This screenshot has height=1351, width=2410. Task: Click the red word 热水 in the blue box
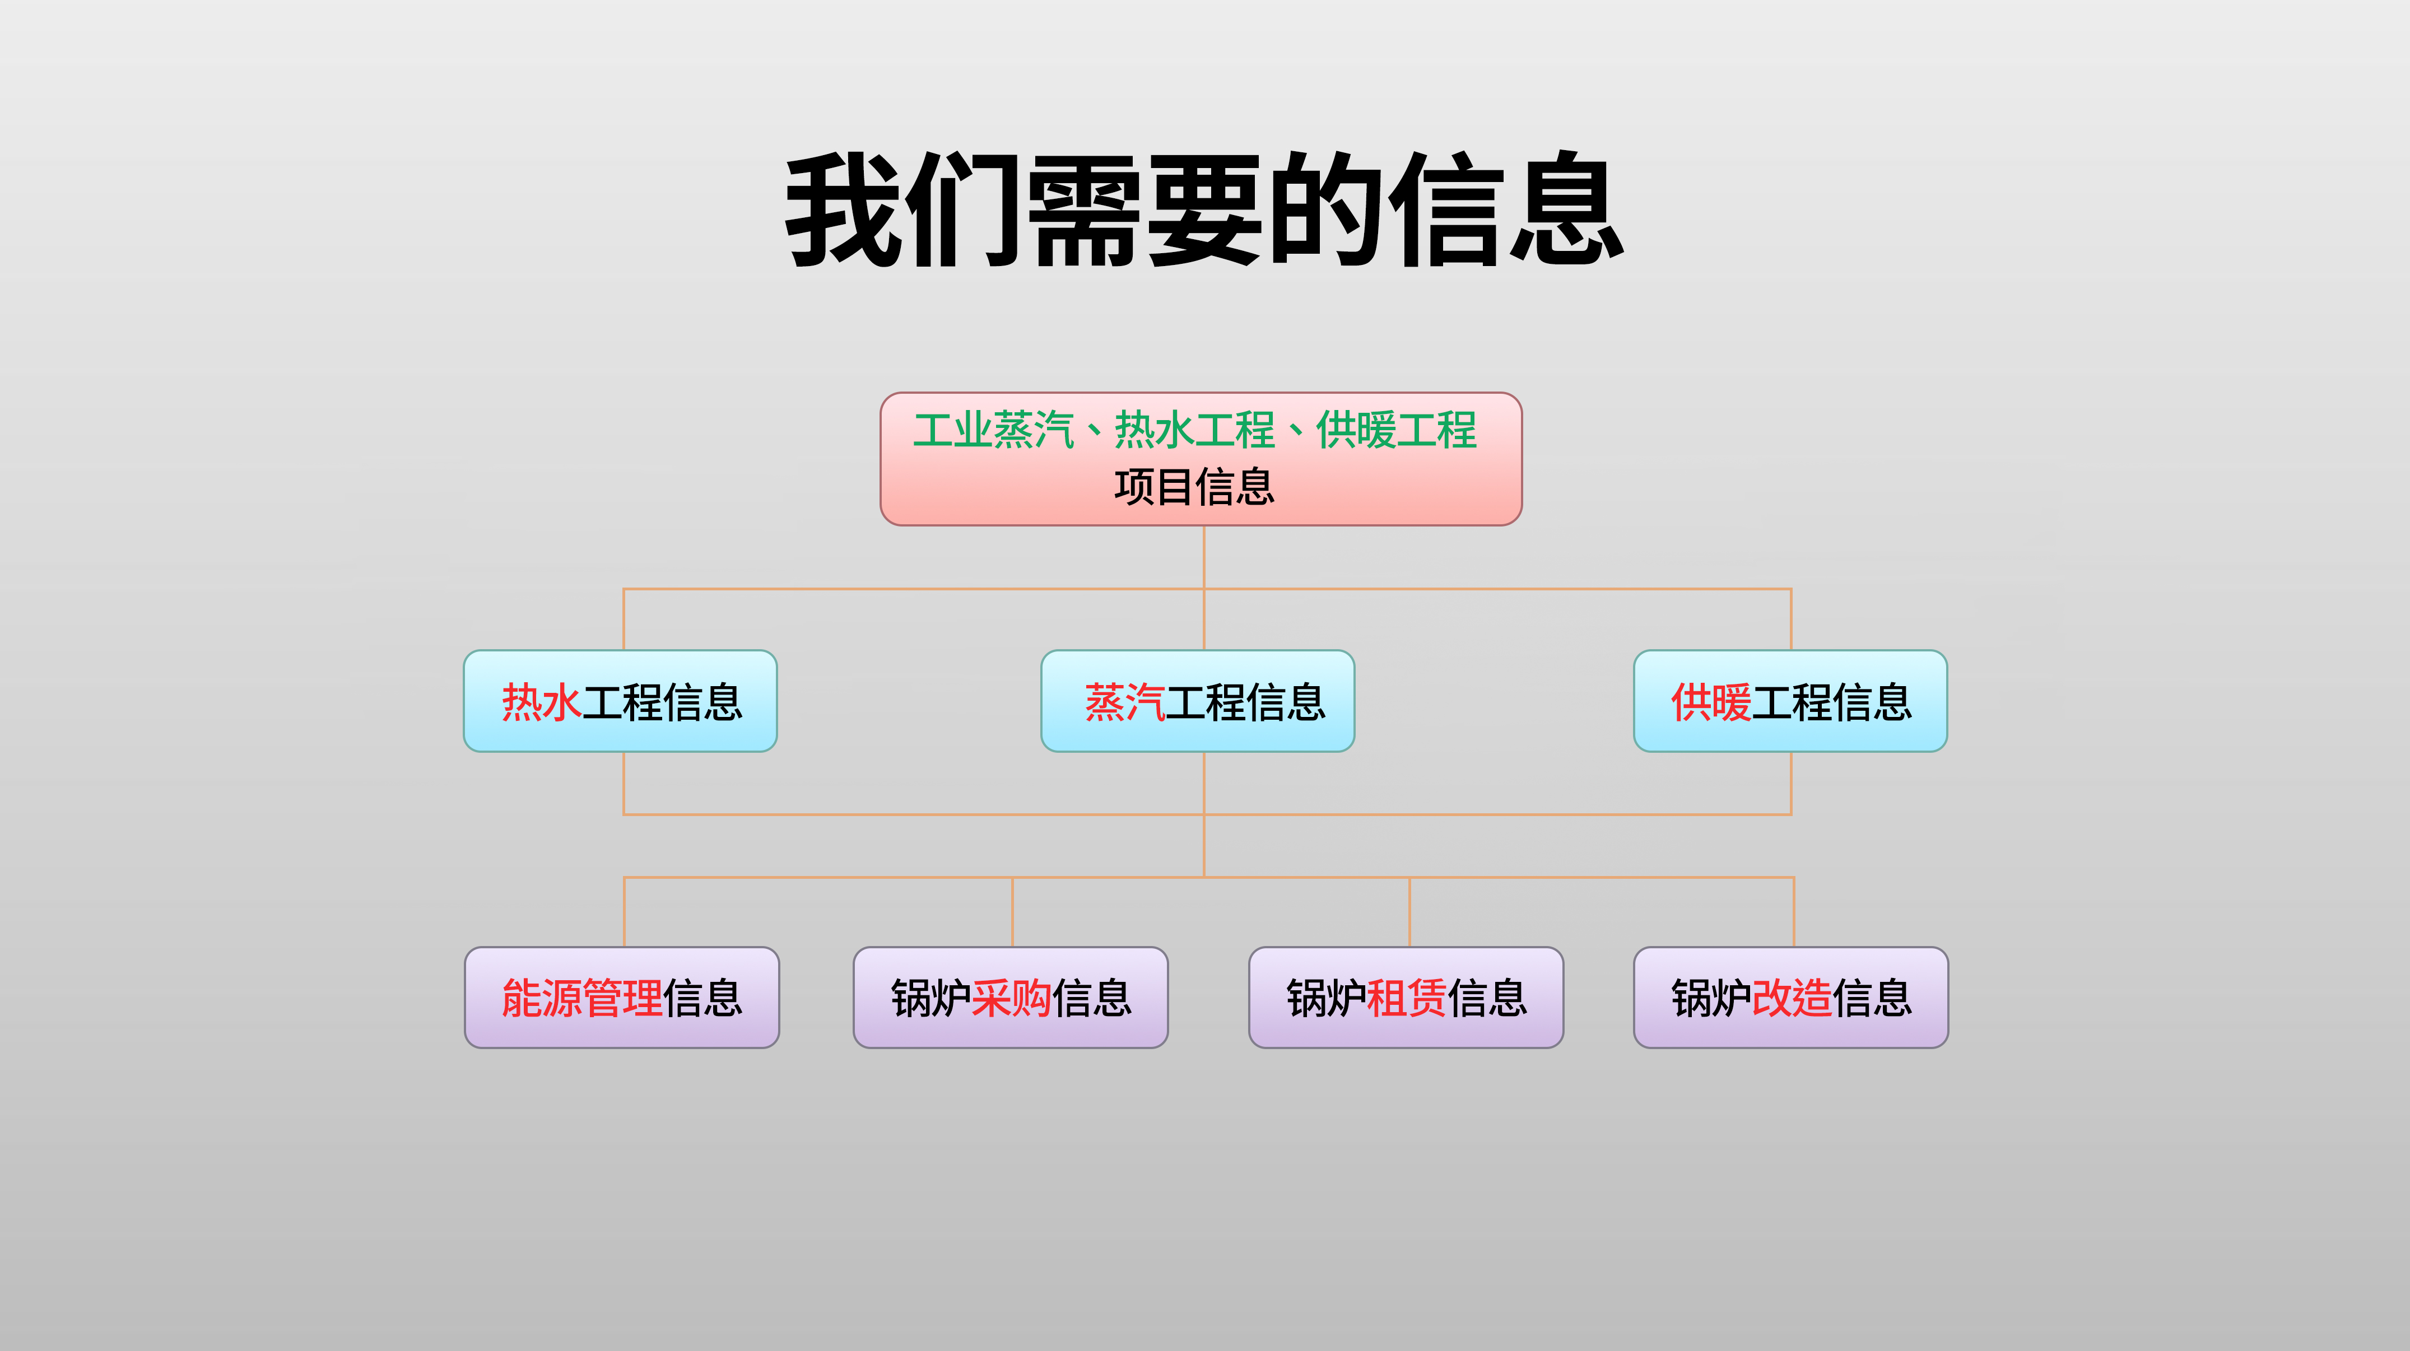[x=542, y=702]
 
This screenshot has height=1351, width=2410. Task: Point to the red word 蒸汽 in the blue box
[x=1124, y=702]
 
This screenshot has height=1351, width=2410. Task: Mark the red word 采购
[x=1011, y=998]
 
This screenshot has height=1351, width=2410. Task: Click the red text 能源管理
[x=582, y=998]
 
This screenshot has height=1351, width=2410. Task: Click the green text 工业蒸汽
[x=994, y=430]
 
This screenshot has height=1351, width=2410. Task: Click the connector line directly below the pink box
[x=1204, y=557]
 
